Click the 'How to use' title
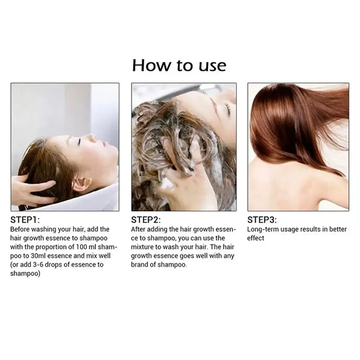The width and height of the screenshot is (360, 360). [x=179, y=65]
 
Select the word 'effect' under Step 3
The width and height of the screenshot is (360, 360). [x=256, y=238]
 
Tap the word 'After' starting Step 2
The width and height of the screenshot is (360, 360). [x=138, y=229]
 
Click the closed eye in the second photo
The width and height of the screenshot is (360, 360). [x=227, y=106]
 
